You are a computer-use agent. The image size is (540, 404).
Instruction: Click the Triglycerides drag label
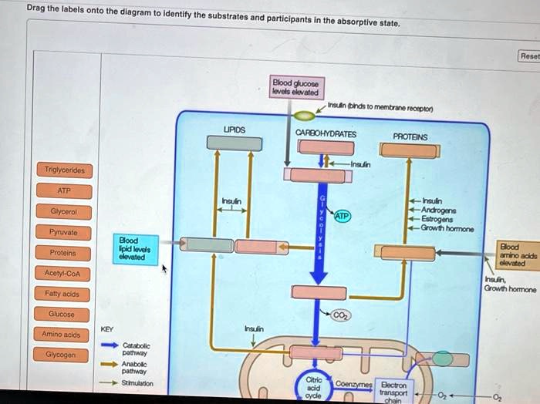click(64, 170)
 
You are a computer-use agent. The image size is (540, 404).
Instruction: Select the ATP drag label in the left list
click(64, 190)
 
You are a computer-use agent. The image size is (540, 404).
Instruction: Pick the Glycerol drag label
click(64, 211)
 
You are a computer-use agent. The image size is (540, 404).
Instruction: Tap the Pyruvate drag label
click(64, 232)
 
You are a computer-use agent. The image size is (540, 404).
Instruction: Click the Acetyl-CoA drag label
click(64, 274)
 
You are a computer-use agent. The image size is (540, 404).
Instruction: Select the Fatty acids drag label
click(64, 294)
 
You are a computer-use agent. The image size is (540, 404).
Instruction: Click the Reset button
click(530, 56)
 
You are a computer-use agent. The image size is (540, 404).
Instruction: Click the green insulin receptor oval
click(305, 116)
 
